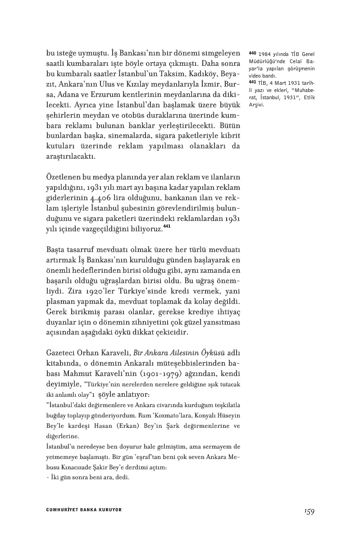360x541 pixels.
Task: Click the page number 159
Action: pos(308,511)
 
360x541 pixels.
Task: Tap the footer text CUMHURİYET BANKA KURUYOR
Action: pos(84,510)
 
